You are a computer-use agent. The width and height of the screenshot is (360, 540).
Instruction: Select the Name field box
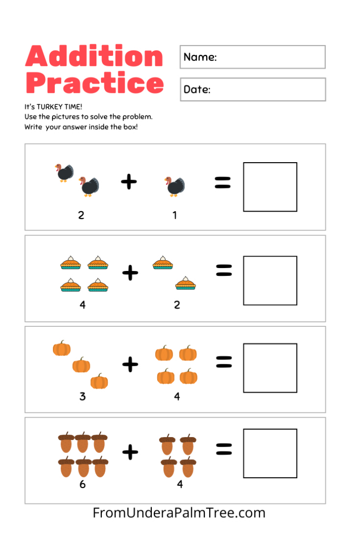pyautogui.click(x=252, y=57)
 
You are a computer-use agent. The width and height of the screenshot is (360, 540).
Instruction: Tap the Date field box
pyautogui.click(x=252, y=90)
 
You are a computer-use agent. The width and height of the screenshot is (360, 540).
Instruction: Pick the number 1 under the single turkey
pyautogui.click(x=175, y=215)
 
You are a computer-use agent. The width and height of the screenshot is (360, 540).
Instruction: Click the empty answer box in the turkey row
pyautogui.click(x=270, y=187)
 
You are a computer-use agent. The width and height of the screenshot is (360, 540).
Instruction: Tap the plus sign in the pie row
pyautogui.click(x=130, y=272)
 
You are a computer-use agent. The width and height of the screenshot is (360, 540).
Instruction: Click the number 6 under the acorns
pyautogui.click(x=82, y=484)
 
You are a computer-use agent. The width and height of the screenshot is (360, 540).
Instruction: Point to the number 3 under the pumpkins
pyautogui.click(x=82, y=396)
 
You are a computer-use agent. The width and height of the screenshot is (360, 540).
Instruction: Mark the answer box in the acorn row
pyautogui.click(x=270, y=453)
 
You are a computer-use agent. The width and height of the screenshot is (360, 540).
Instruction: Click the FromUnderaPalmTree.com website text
pyautogui.click(x=179, y=513)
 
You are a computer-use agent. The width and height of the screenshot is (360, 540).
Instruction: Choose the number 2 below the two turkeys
pyautogui.click(x=81, y=215)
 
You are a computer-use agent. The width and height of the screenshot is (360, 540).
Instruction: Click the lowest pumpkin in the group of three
pyautogui.click(x=99, y=381)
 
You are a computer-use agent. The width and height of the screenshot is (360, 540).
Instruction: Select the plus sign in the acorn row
pyautogui.click(x=130, y=451)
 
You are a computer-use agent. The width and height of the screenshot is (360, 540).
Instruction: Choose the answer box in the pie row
pyautogui.click(x=270, y=280)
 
